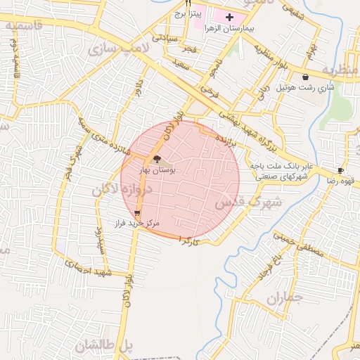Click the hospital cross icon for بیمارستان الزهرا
229,16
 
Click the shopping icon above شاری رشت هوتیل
304,77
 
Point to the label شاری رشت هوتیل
304,88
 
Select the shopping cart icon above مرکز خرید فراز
136,212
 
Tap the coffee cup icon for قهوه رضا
340,170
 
